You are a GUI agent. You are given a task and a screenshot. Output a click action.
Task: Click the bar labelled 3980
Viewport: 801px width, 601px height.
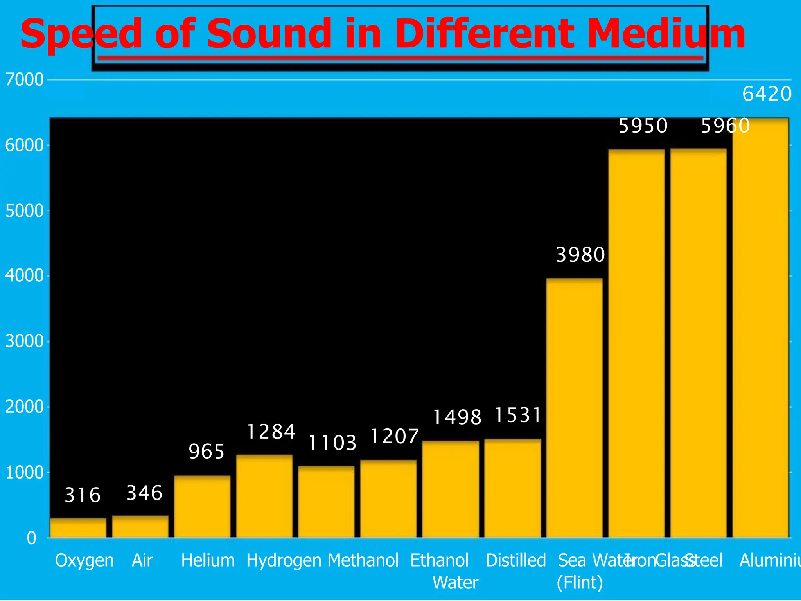(574, 407)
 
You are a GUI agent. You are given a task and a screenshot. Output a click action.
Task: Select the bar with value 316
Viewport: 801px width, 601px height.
(78, 528)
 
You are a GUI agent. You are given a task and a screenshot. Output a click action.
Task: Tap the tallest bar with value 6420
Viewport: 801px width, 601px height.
(760, 329)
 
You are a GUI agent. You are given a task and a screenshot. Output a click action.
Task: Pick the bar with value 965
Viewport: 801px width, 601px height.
(202, 506)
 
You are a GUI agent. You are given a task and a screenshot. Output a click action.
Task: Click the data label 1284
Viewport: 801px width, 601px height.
(271, 432)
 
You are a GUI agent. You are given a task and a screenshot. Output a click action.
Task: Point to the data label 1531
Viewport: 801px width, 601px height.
(518, 415)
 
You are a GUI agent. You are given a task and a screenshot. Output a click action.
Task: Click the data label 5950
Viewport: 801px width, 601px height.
(643, 126)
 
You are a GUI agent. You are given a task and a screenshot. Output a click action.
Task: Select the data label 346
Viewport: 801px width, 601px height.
(144, 493)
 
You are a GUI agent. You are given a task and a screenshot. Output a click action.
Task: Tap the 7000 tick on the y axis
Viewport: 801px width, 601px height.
(24, 80)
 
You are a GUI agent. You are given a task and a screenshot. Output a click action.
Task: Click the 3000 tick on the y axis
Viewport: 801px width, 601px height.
(24, 342)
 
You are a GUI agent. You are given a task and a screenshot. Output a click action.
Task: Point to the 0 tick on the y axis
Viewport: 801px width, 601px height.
(31, 538)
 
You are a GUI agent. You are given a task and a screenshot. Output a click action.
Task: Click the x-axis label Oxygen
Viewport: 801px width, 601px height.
(84, 560)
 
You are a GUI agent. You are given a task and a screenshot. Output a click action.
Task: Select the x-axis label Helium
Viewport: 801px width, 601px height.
(208, 560)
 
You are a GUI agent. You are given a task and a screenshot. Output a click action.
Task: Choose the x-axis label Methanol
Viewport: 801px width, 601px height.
(363, 560)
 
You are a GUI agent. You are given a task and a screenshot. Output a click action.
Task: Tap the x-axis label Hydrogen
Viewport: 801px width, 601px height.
(284, 560)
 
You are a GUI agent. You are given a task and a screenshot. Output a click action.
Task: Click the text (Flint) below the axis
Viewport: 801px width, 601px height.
(580, 583)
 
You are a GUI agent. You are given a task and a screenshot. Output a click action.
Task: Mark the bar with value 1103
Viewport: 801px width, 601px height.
(326, 502)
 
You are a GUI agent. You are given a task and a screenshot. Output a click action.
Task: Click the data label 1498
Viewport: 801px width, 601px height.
(457, 417)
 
